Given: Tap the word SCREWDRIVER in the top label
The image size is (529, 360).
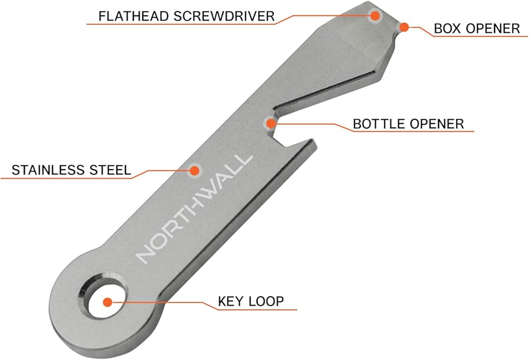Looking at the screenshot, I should coord(221,16).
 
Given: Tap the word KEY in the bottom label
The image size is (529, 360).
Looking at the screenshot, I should coord(230,302).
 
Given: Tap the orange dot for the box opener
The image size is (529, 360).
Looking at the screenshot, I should coord(404,26).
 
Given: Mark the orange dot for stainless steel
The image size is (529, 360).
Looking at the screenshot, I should coord(195,170).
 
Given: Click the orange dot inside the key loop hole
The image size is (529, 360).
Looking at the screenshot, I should coord(107,302).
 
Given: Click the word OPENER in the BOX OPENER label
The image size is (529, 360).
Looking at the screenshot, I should coord(494,28).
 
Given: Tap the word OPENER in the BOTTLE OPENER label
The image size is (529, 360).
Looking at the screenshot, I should coord(438,124).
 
